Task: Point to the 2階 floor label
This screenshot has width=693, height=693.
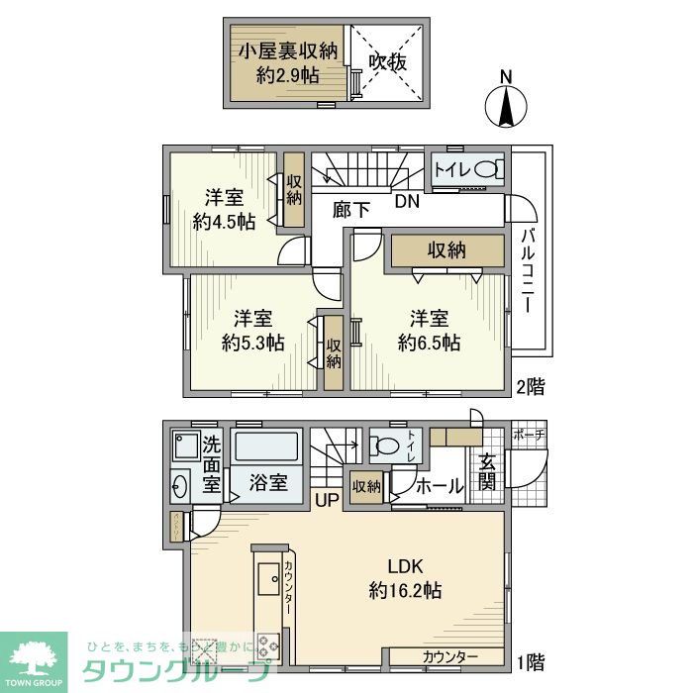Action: pos(529,386)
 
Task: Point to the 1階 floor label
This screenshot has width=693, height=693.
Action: pos(529,659)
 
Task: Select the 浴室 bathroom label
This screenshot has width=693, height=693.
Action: pos(267,483)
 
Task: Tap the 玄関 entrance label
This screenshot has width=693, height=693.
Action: pos(489,471)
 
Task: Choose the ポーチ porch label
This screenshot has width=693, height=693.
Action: pos(529,434)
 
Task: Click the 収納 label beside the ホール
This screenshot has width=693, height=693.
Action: pos(366,486)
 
